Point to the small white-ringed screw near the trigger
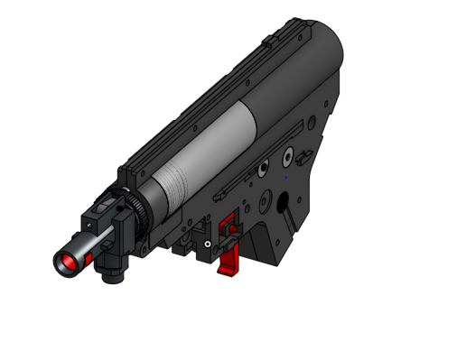coord(207,245)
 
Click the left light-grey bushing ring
coord(261,168)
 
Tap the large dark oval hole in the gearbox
coord(282,205)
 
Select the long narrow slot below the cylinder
coord(230,189)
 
